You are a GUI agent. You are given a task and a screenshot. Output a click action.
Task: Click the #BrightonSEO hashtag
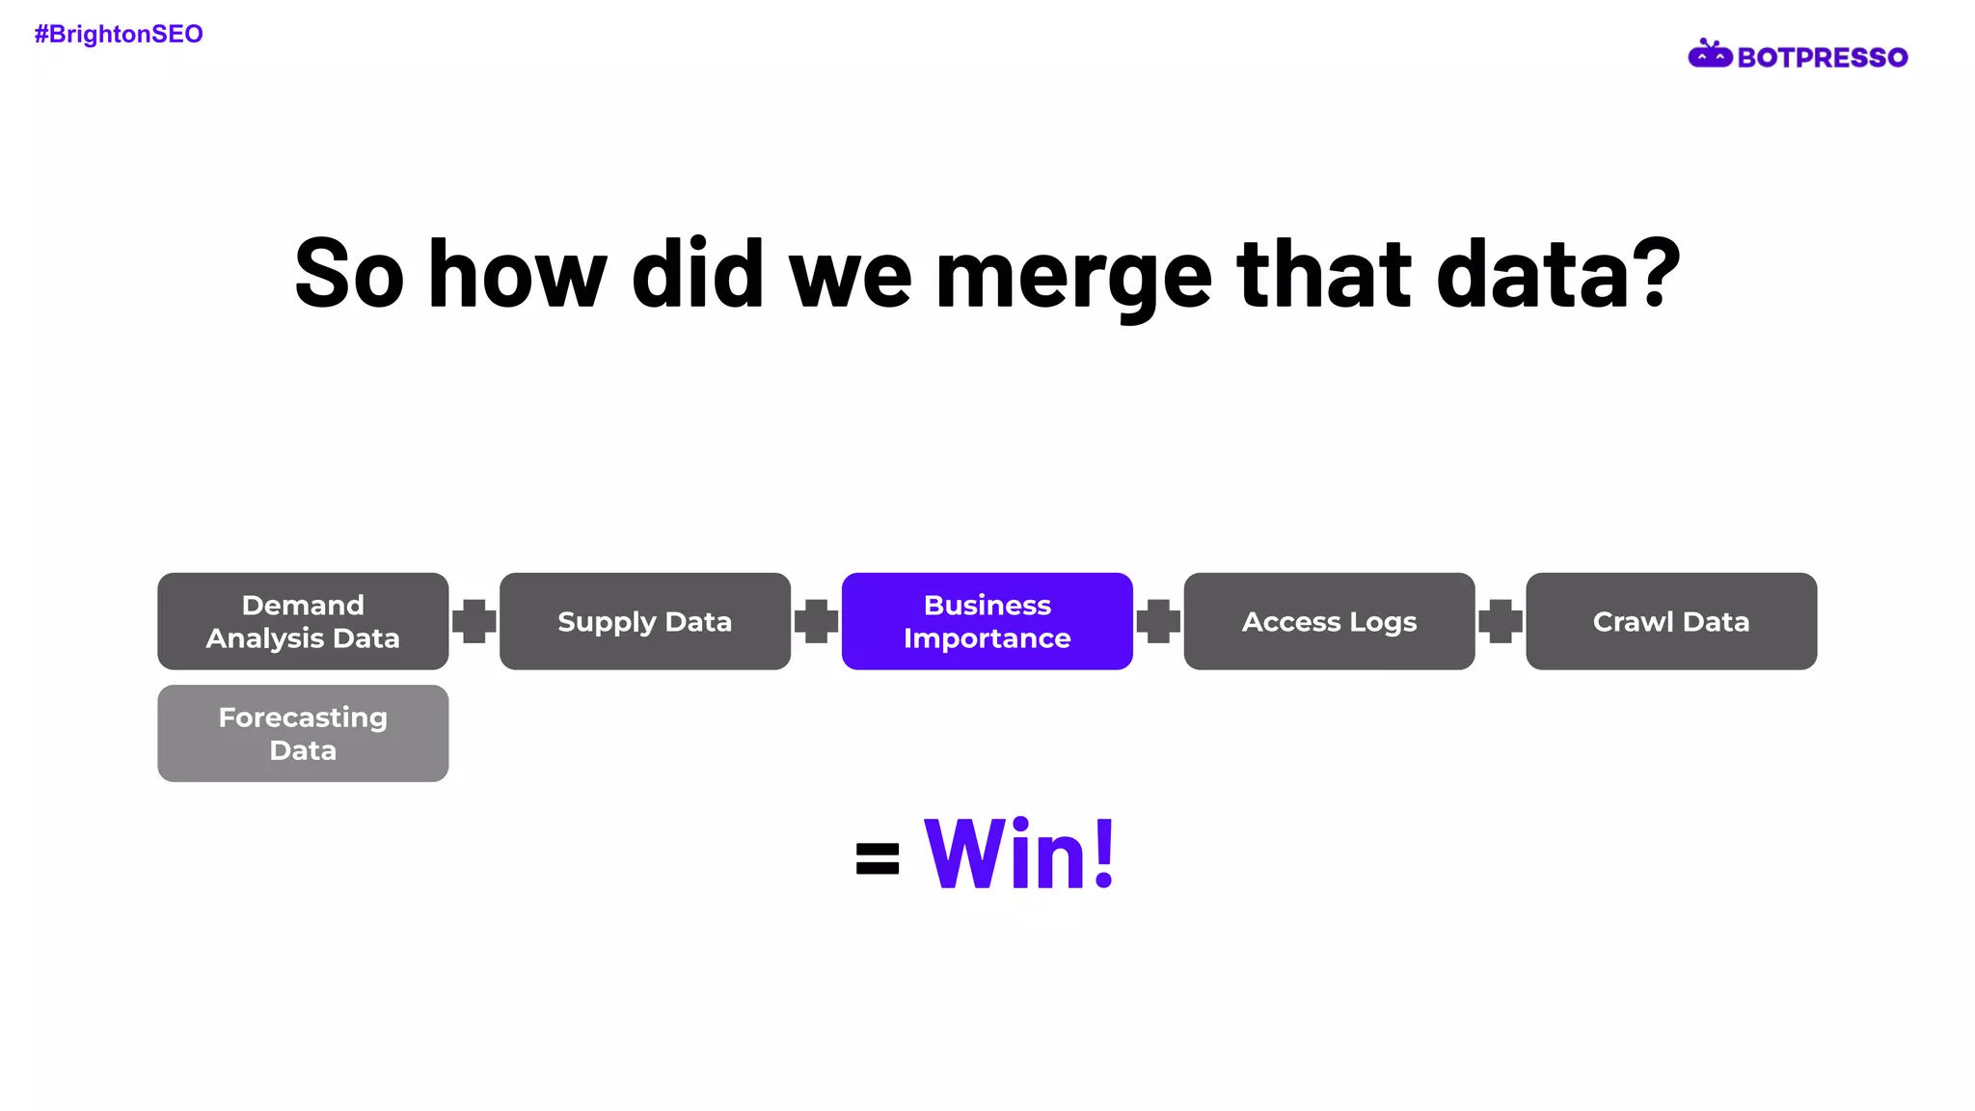(x=119, y=35)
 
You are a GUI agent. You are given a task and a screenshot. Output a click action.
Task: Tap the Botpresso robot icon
(x=1710, y=55)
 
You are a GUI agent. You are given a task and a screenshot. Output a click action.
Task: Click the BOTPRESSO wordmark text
(x=1822, y=58)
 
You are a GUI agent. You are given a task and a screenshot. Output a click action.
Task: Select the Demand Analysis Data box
(x=303, y=621)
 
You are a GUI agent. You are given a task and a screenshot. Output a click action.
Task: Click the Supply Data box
(x=644, y=621)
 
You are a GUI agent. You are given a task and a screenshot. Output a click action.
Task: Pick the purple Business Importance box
(x=987, y=621)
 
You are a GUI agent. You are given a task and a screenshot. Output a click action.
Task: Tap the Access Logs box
(x=1329, y=621)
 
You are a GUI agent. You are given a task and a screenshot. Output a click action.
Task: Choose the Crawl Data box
(x=1670, y=621)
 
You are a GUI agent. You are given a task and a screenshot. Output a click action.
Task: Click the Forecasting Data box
(x=303, y=734)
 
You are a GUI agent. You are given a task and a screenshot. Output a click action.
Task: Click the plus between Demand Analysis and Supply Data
(x=474, y=621)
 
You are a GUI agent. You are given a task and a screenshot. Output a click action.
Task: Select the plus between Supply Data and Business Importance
(x=816, y=621)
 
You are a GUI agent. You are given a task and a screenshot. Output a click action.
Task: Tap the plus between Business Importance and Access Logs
(x=1158, y=621)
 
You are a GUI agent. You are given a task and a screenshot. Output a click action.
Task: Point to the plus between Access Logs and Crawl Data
(x=1501, y=621)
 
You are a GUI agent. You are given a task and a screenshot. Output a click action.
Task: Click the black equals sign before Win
(x=878, y=858)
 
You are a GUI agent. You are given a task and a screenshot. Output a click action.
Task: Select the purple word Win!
(x=1019, y=854)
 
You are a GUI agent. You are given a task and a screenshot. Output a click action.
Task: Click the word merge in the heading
(x=1073, y=277)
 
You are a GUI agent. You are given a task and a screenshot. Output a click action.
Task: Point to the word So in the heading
(x=349, y=275)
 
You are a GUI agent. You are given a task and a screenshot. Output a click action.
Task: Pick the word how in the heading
(x=518, y=275)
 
